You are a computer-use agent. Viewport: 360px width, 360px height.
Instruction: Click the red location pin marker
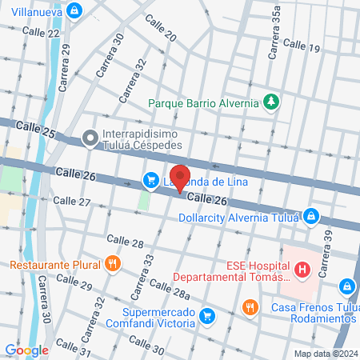click(x=181, y=178)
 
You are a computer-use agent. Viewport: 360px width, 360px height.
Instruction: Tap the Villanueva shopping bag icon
click(x=74, y=10)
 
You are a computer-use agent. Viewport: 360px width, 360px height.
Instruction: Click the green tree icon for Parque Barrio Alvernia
click(x=272, y=102)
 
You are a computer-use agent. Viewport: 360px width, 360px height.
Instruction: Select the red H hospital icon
click(x=302, y=270)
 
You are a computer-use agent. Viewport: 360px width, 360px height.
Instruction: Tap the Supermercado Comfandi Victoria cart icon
click(x=207, y=315)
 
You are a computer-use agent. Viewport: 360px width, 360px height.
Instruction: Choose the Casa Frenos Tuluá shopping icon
click(x=346, y=286)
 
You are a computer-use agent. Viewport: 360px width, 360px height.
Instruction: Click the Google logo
click(x=26, y=350)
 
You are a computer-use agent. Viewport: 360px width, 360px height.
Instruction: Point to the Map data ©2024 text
click(x=325, y=353)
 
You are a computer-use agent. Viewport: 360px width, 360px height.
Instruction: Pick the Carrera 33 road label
click(x=143, y=273)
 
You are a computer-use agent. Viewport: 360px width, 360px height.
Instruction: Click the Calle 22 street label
click(x=41, y=32)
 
